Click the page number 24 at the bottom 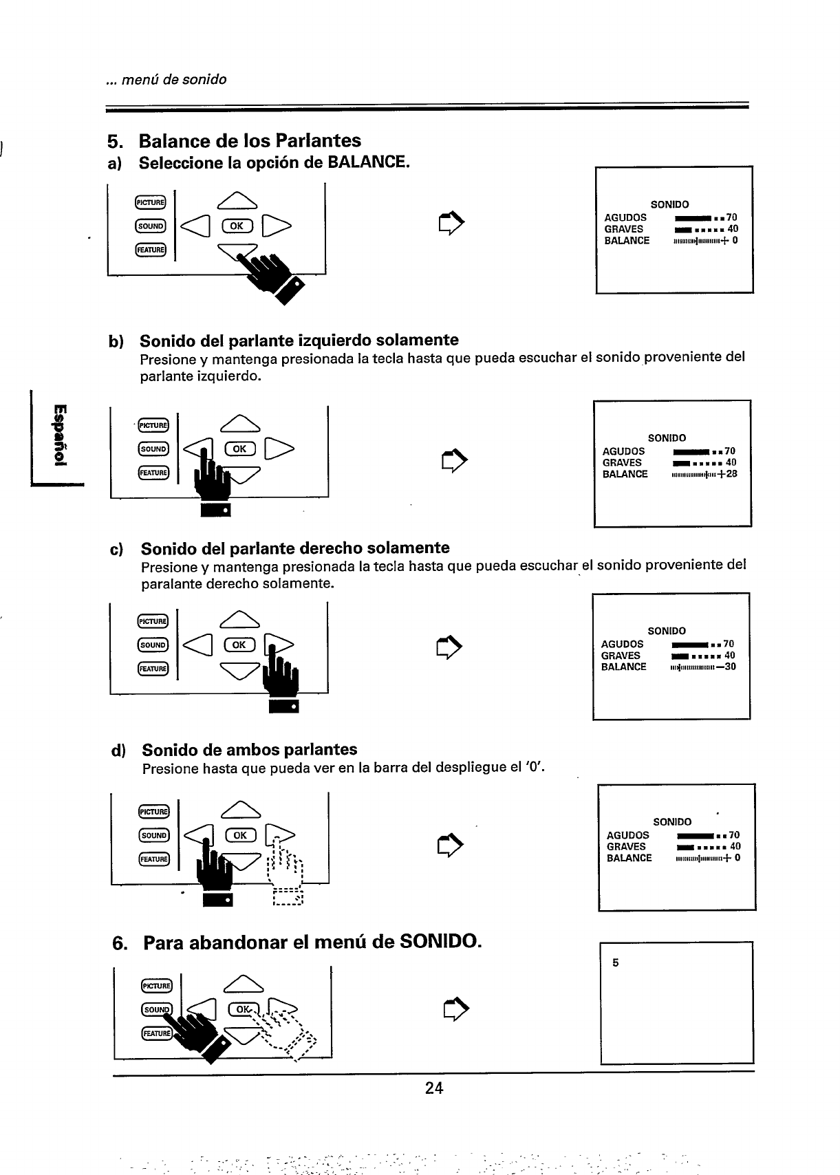coord(434,1088)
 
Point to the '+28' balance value coord(727,474)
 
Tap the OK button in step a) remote coord(236,226)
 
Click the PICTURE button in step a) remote coord(149,202)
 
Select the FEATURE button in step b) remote coord(152,473)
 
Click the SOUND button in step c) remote coord(152,645)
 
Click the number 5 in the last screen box coord(616,963)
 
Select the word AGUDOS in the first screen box coord(625,217)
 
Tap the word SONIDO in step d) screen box coord(672,822)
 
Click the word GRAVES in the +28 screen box coord(622,463)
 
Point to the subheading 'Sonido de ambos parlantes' coord(250,749)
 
